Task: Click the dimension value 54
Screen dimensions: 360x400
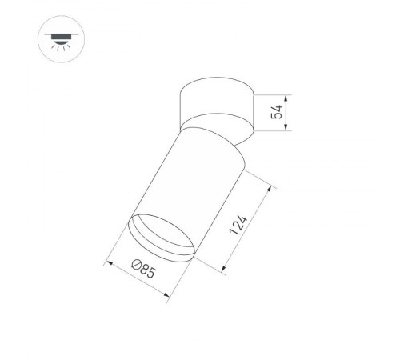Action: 277,112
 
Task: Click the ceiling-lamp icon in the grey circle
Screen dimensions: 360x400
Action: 58,38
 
